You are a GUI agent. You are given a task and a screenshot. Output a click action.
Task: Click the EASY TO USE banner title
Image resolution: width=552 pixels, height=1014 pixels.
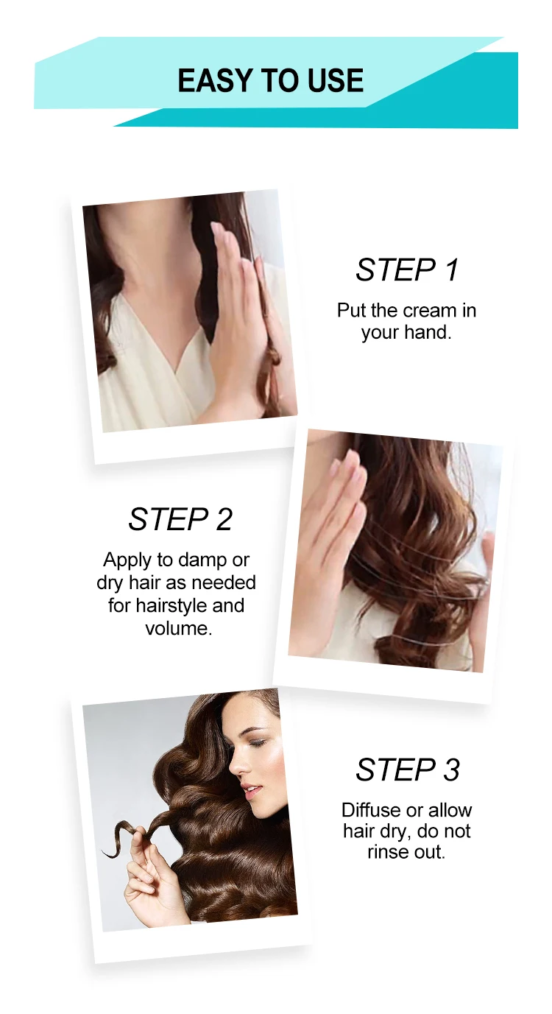pos(271,80)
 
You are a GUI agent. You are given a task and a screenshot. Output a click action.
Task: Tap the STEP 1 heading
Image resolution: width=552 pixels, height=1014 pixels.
pos(407,270)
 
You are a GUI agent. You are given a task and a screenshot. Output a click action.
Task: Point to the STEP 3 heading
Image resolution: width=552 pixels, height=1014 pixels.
pos(408,770)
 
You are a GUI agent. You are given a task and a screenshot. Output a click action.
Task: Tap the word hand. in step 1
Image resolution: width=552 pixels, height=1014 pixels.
pos(428,332)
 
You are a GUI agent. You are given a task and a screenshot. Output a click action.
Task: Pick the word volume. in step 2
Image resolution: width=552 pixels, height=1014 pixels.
pos(179,628)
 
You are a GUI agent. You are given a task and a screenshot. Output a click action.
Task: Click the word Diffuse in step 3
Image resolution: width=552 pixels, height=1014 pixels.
pos(370,810)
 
